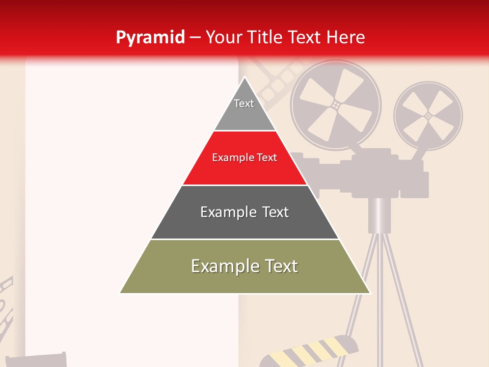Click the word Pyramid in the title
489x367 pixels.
pyautogui.click(x=150, y=37)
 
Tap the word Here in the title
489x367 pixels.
pyautogui.click(x=346, y=37)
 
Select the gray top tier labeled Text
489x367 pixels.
pyautogui.click(x=244, y=110)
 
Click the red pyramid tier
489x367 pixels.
pyautogui.click(x=244, y=163)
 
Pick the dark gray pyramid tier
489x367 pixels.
pyautogui.click(x=244, y=217)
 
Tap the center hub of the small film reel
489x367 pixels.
pyautogui.click(x=428, y=116)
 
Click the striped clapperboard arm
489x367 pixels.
pyautogui.click(x=311, y=352)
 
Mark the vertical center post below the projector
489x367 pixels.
pyautogui.click(x=379, y=214)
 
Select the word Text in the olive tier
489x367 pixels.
pyautogui.click(x=280, y=266)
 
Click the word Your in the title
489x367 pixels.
pyautogui.click(x=222, y=37)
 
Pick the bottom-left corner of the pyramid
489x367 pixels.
pyautogui.click(x=121, y=293)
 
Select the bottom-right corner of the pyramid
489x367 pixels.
pyautogui.click(x=370, y=293)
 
